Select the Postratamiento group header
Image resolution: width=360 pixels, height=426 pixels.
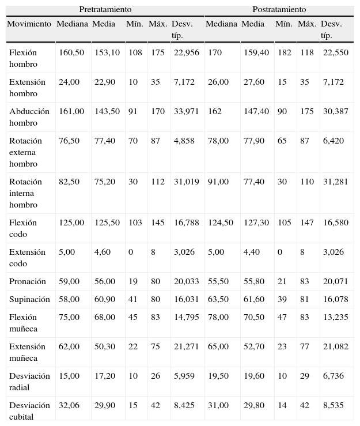coord(279,10)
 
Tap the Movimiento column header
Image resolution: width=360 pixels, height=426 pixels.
coord(29,24)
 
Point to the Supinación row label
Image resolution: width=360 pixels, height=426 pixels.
coord(29,299)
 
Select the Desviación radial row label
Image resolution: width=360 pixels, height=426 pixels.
coord(29,381)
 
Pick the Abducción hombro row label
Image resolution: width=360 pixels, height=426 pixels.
coord(29,117)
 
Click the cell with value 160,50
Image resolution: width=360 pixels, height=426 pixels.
coord(71,52)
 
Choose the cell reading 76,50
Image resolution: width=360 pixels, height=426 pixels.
coord(69,141)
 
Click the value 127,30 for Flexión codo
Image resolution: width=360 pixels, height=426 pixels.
coord(255,223)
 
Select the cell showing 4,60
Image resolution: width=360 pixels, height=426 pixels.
coord(103,252)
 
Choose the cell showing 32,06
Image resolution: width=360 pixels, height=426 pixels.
coord(69,405)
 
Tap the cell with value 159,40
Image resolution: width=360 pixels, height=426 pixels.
coord(255,52)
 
